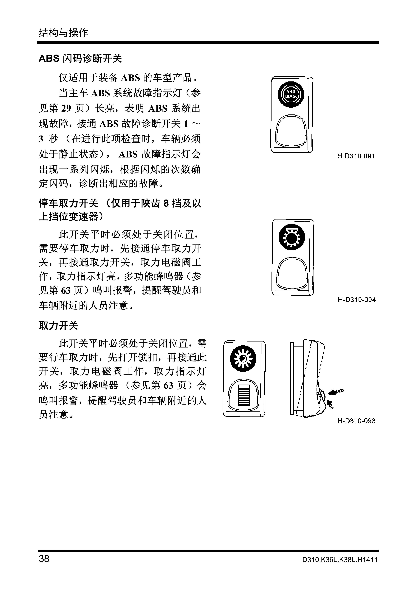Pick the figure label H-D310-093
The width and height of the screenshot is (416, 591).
(356, 421)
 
